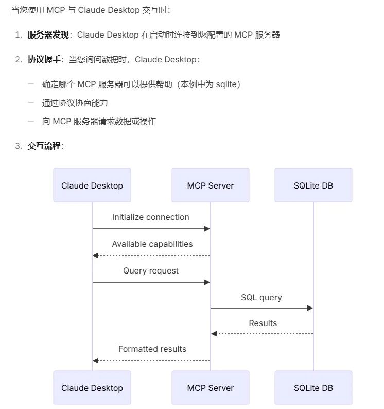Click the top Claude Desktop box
tap(92, 185)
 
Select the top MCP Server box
tap(211, 185)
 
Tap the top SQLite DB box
tap(313, 185)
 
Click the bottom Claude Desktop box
tap(92, 388)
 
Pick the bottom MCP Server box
tap(211, 388)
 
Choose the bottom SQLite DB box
tap(313, 388)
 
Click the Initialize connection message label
tap(151, 217)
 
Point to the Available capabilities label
tap(152, 244)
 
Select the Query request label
tap(151, 271)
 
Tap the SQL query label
tap(261, 298)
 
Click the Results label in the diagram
tap(263, 323)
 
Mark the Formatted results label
tap(152, 349)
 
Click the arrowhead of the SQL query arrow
tap(310, 308)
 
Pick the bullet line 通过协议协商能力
tap(75, 103)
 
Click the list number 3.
tap(18, 146)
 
